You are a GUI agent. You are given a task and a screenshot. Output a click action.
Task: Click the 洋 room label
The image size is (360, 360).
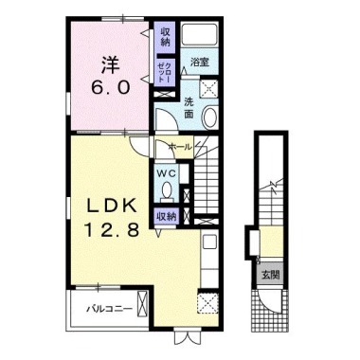tap(111, 65)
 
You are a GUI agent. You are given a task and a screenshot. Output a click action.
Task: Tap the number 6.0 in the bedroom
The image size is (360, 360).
tap(111, 87)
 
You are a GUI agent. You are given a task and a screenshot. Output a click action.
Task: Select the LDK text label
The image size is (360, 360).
tap(112, 207)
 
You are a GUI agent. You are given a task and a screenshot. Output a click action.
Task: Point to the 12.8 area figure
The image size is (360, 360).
tap(112, 229)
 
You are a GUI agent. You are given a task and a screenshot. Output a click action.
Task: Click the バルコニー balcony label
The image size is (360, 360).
tap(110, 309)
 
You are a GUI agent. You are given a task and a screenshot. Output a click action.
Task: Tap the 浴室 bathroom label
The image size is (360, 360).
tap(200, 63)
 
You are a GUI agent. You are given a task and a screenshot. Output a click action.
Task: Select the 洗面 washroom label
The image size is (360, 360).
tap(189, 108)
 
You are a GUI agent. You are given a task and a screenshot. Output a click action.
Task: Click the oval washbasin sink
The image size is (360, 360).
tap(209, 117)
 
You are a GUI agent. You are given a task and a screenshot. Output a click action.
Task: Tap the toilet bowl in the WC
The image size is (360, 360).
tap(167, 190)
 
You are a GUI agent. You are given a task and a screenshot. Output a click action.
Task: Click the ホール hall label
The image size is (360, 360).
tap(180, 147)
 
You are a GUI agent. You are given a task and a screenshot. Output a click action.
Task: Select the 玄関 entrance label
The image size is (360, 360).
tap(270, 276)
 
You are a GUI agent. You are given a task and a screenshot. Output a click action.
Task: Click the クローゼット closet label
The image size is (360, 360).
tap(165, 72)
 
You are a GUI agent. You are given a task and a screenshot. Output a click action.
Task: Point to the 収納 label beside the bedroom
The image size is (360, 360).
tap(165, 36)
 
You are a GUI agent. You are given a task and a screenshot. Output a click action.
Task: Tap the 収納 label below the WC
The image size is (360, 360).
tap(165, 217)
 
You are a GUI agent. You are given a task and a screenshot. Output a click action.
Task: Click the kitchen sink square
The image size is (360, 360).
tap(209, 243)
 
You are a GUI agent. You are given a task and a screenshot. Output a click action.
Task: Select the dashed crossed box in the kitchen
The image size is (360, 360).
tap(207, 303)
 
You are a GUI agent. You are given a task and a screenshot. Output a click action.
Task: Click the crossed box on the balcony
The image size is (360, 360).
tap(143, 304)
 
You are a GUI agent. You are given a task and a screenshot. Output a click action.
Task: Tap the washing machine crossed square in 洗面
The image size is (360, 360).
tap(210, 86)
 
